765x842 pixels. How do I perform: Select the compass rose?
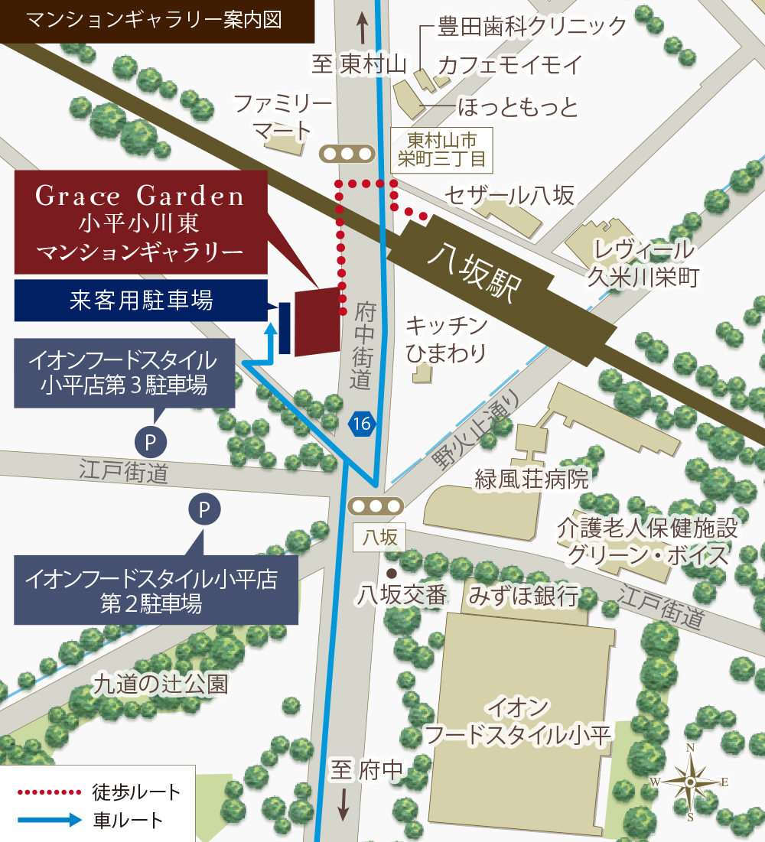tap(690, 782)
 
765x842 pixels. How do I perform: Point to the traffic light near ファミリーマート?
tap(347, 153)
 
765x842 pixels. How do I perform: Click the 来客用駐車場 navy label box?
tap(141, 301)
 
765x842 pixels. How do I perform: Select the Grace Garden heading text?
tap(140, 197)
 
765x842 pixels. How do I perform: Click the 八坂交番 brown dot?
tap(392, 573)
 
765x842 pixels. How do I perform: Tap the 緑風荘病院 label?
tap(532, 480)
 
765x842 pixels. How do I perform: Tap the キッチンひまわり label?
tap(446, 340)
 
